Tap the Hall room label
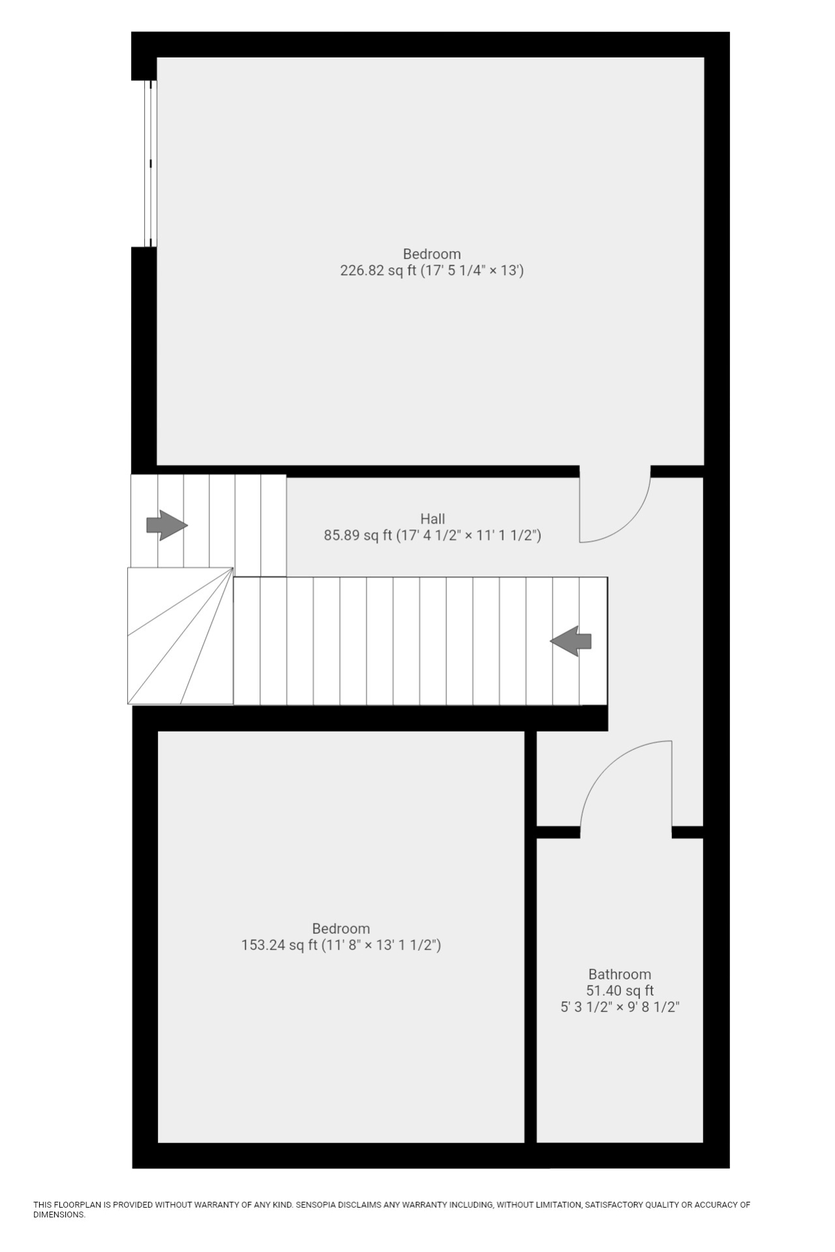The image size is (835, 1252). click(x=433, y=519)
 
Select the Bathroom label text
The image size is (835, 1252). click(x=620, y=974)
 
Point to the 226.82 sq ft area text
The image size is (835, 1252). click(x=378, y=271)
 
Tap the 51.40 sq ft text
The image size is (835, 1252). click(x=620, y=991)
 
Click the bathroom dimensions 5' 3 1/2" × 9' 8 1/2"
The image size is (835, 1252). click(x=620, y=1007)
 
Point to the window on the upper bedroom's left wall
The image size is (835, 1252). click(x=151, y=163)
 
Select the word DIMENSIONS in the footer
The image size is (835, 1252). click(x=59, y=1215)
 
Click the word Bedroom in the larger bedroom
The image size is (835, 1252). click(x=432, y=254)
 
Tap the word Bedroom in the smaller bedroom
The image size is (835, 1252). click(x=341, y=929)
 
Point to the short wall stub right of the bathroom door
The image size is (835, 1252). click(x=688, y=832)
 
